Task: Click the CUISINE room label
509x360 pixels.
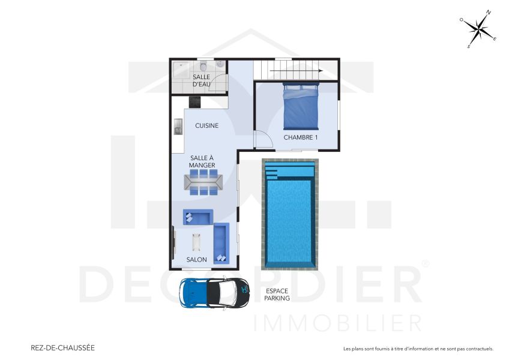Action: (206, 126)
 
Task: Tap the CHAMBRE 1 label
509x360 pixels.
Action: (301, 137)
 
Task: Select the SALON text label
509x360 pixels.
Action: (196, 260)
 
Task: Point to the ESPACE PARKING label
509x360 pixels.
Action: (277, 295)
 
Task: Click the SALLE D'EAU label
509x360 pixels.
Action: (201, 80)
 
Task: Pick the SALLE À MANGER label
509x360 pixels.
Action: (201, 161)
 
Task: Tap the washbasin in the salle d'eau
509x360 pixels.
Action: (220, 64)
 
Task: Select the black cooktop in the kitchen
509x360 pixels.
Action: (195, 102)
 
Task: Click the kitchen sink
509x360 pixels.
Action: (178, 127)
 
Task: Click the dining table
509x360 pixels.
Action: (203, 182)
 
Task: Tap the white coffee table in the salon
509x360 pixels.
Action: (196, 242)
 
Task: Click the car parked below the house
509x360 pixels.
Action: (214, 292)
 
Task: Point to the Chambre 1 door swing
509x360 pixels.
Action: (262, 140)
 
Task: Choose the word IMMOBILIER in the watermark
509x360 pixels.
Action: (337, 323)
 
